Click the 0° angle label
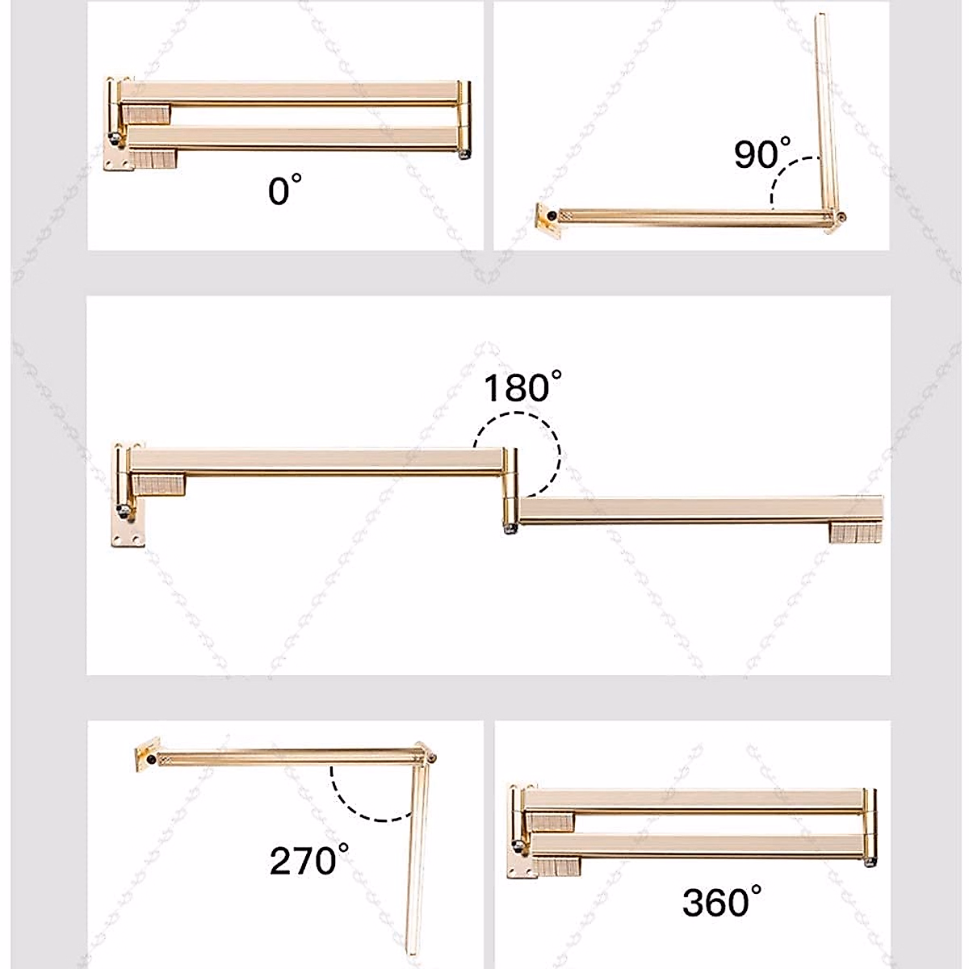click(284, 191)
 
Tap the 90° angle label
click(761, 153)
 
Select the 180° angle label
click(522, 387)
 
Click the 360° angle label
click(721, 900)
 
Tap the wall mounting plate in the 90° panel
click(549, 217)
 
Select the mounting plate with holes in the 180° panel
click(128, 529)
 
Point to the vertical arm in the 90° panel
click(824, 113)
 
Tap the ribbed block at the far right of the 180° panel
click(854, 533)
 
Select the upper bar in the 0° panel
click(291, 92)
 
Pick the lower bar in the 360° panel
click(694, 847)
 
